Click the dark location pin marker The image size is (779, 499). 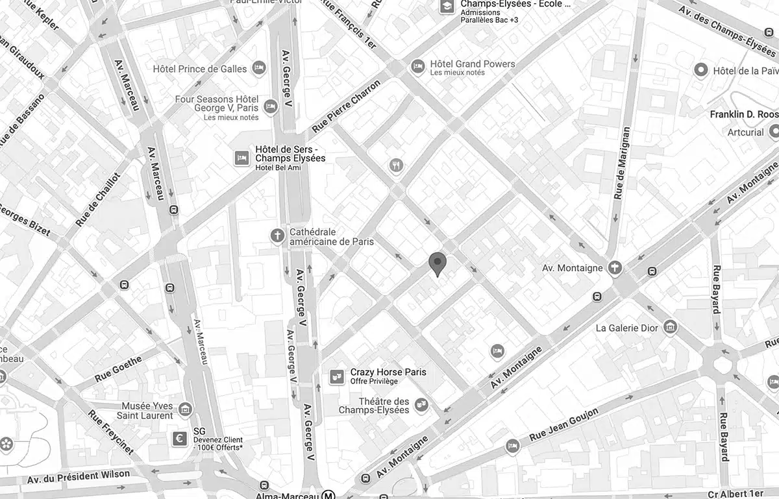(438, 263)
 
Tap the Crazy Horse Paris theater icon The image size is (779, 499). (336, 376)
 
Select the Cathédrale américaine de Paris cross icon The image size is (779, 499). (278, 236)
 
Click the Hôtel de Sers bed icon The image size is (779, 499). (241, 158)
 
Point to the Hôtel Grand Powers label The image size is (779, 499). (473, 64)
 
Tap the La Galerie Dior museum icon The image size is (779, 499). (671, 327)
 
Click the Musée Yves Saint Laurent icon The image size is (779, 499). (186, 409)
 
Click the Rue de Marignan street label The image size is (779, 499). (621, 162)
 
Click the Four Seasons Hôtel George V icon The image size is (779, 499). (271, 106)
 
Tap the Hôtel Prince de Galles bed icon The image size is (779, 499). (259, 67)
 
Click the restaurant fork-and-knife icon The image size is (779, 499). (396, 165)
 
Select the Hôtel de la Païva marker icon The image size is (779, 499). (701, 70)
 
